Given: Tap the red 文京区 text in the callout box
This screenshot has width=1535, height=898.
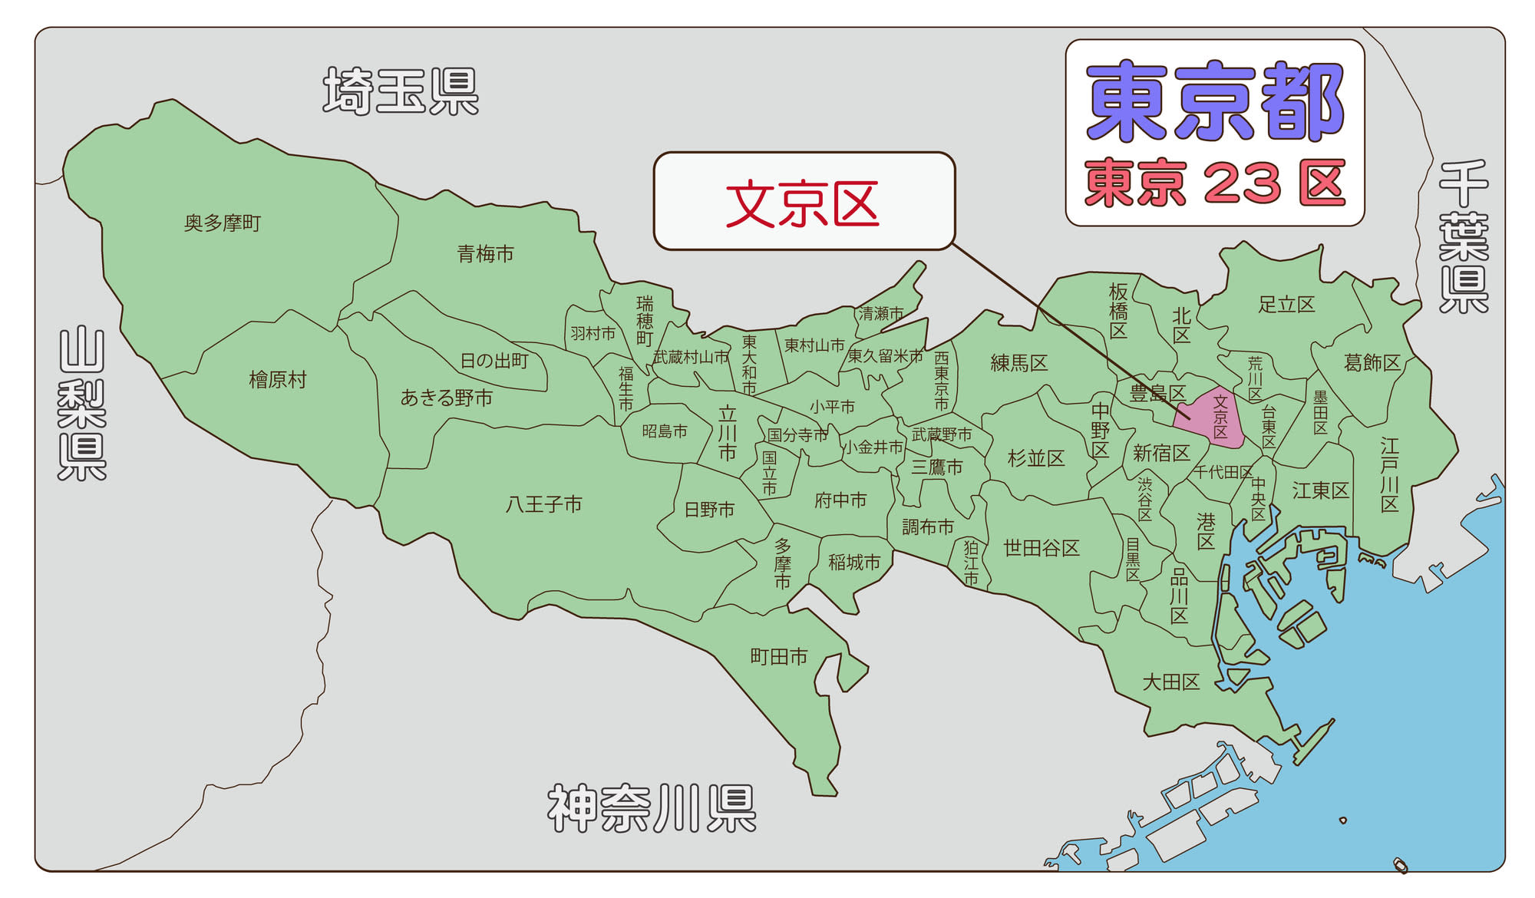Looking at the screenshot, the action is coord(802,204).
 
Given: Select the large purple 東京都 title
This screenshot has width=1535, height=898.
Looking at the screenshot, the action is coord(1215,102).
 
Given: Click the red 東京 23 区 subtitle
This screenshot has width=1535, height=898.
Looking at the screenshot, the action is coord(1215,183).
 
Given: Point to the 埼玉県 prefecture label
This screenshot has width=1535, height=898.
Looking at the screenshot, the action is coord(401,91).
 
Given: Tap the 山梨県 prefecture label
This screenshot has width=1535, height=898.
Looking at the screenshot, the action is coord(82,404).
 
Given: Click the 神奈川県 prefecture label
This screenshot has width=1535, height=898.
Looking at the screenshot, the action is coord(652,808).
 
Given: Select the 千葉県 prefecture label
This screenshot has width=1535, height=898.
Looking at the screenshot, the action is coord(1464,236).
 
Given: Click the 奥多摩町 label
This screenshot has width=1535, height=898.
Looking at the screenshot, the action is coord(223,223).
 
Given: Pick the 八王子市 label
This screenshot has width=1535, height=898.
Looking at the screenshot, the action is coord(543,504).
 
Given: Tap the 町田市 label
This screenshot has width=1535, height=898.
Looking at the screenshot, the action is coord(779,657).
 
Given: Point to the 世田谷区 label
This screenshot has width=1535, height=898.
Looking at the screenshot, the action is coord(1041,548).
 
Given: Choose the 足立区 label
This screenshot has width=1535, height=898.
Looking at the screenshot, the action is coord(1286,305).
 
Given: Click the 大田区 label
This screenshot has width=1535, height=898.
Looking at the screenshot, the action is coord(1170,682).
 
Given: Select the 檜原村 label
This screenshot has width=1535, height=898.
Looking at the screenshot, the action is coord(278,380).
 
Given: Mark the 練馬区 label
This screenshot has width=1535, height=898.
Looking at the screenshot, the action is coord(1018,363).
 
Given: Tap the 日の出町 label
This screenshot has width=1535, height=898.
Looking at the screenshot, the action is coord(494,361).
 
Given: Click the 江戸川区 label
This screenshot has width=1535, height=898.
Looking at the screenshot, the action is coord(1389,474).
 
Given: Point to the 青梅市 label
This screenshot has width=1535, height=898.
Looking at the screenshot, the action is coord(485,254).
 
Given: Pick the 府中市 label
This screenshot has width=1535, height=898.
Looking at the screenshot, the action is coord(840,500).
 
